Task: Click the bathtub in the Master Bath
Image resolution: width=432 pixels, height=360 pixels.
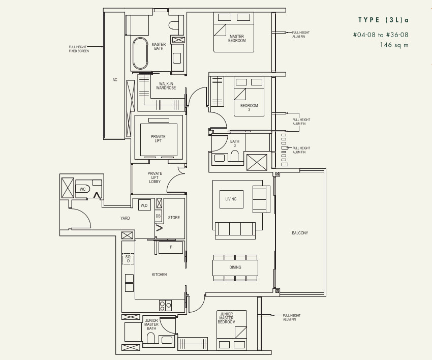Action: tap(140, 53)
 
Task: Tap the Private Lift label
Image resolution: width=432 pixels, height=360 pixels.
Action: tap(158, 139)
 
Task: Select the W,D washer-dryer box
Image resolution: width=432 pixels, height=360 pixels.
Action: tap(144, 205)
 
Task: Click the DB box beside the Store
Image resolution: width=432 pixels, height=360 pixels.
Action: tap(158, 216)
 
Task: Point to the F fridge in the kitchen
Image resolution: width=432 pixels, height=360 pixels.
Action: tap(171, 247)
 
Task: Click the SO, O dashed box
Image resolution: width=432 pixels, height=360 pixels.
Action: tap(128, 259)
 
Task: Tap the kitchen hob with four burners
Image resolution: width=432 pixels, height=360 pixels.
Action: tap(165, 306)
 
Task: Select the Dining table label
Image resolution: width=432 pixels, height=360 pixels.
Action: tap(235, 267)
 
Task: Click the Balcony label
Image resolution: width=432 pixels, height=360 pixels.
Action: tap(300, 233)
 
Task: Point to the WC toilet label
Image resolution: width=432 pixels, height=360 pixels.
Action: tap(83, 189)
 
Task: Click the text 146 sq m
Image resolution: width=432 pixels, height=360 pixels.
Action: tap(394, 45)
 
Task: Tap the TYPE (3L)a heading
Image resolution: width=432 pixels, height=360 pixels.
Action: tap(384, 20)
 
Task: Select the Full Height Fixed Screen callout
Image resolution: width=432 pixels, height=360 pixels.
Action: tap(79, 49)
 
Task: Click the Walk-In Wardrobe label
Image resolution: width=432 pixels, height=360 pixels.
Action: tap(166, 86)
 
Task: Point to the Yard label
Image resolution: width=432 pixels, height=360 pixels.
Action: tap(125, 218)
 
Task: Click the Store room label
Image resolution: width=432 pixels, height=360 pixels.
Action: tap(174, 218)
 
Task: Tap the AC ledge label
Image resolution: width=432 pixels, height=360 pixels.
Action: tap(115, 80)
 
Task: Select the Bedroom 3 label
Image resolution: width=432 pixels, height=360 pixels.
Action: tap(249, 107)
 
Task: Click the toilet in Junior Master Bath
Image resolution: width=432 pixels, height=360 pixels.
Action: tap(151, 338)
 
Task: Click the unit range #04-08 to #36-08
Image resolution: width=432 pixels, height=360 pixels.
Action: tap(381, 35)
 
